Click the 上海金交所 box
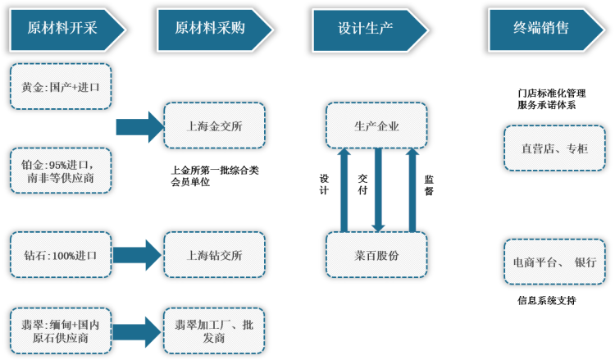tap(215, 125)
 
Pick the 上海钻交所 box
tap(215, 254)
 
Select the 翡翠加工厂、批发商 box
tap(215, 330)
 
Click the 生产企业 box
tap(378, 125)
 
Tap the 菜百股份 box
tap(378, 255)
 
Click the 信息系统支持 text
tap(546, 301)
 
